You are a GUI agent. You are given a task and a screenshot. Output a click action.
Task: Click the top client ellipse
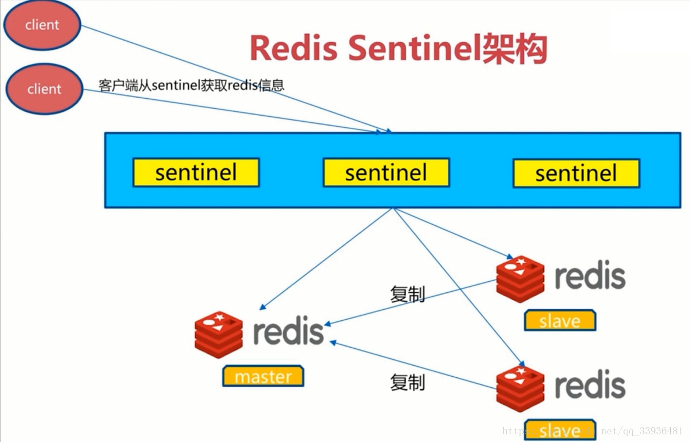pos(42,25)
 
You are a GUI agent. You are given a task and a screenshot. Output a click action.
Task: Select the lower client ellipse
pos(44,89)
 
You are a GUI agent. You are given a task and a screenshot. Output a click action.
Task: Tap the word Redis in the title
pos(293,48)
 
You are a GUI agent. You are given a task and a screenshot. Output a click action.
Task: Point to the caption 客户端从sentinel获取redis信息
pos(191,85)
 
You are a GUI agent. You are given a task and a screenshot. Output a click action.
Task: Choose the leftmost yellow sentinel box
pos(196,173)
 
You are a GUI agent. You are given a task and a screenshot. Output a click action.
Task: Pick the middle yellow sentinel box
pos(386,173)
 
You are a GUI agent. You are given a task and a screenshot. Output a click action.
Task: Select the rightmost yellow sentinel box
pos(576,173)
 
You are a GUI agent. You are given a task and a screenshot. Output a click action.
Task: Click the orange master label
pos(263,377)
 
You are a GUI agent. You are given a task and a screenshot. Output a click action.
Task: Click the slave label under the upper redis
pos(559,321)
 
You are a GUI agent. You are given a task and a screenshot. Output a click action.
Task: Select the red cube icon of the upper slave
pos(520,279)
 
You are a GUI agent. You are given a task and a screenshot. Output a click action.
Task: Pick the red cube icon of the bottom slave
pos(520,388)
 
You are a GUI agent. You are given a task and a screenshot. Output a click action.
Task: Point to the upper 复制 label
pos(407,294)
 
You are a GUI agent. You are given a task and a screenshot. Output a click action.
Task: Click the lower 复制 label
pos(407,382)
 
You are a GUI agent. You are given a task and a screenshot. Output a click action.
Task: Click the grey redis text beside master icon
pos(288,332)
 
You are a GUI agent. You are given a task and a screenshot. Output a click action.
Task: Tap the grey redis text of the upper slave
pos(590,276)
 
